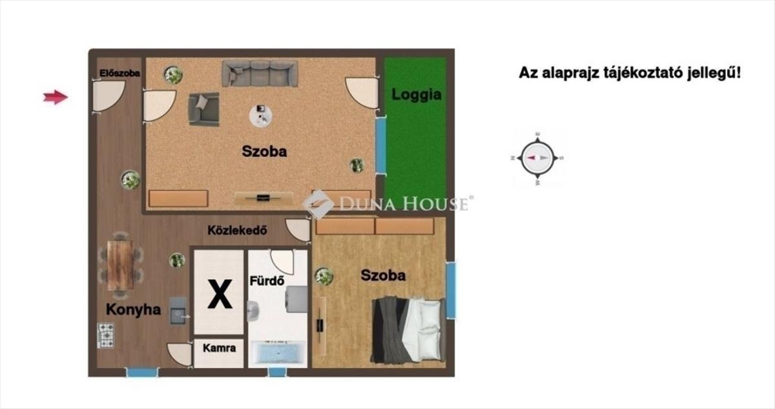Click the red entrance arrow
[56, 97]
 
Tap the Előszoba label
[119, 74]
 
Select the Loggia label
[416, 95]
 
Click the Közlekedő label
[238, 230]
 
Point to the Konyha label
[133, 309]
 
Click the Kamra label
[220, 348]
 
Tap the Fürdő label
[267, 280]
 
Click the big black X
[220, 295]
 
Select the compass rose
[537, 158]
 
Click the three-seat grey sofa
[260, 74]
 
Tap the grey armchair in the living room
[203, 109]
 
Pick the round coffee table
[261, 116]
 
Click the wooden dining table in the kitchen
[120, 266]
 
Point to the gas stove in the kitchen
[106, 335]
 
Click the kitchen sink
[178, 311]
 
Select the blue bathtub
[278, 353]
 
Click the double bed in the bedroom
[408, 330]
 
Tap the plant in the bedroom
[324, 277]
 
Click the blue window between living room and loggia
[380, 145]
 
